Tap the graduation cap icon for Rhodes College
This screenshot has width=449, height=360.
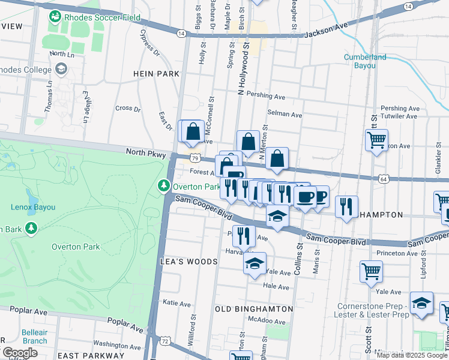pos(61,70)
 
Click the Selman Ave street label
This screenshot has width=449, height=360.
pos(285,114)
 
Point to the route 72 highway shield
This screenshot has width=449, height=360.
pos(165,341)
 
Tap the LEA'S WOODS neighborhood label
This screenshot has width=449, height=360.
pos(188,262)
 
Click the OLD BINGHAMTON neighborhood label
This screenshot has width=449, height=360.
pos(254,309)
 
